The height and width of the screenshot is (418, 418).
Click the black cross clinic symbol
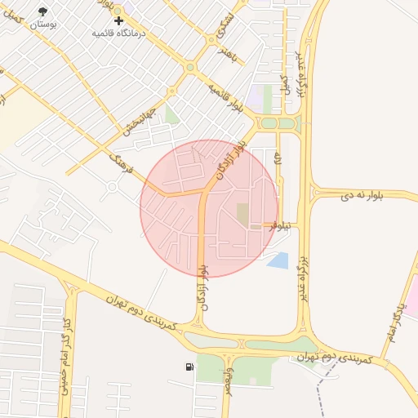(119, 20)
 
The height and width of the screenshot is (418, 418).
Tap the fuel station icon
(189, 367)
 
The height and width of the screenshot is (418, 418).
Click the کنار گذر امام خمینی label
(64, 363)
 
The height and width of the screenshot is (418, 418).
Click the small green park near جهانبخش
(171, 114)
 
